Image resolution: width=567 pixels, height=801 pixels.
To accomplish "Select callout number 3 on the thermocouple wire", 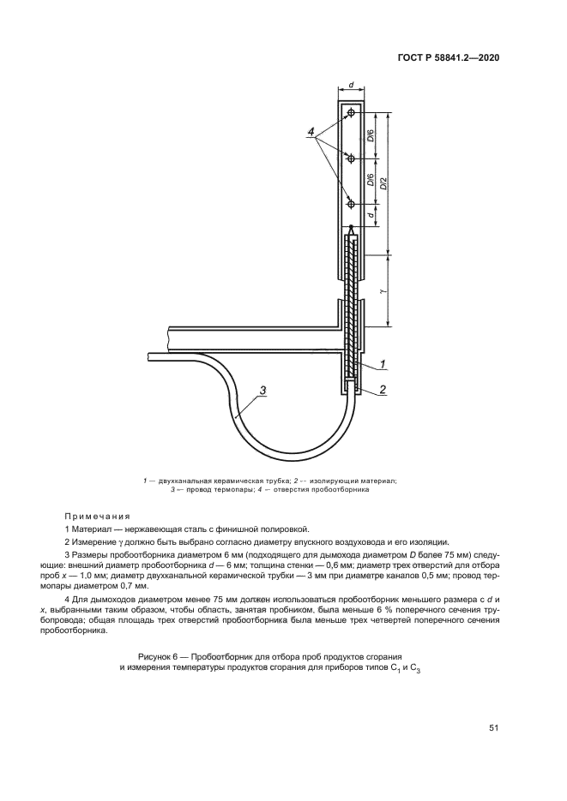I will click(x=262, y=391).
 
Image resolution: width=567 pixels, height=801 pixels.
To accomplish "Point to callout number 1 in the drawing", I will click(x=382, y=365).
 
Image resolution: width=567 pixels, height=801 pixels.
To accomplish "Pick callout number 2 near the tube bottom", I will click(x=382, y=388).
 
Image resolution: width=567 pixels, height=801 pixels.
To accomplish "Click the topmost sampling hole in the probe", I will click(x=351, y=112).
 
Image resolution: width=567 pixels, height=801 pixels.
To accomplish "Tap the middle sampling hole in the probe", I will click(x=351, y=158).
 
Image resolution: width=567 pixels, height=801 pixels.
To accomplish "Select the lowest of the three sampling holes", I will click(x=351, y=204).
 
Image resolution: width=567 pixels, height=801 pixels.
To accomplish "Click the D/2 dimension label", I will click(x=383, y=182).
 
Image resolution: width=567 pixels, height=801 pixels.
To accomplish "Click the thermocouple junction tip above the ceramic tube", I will click(x=351, y=227).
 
